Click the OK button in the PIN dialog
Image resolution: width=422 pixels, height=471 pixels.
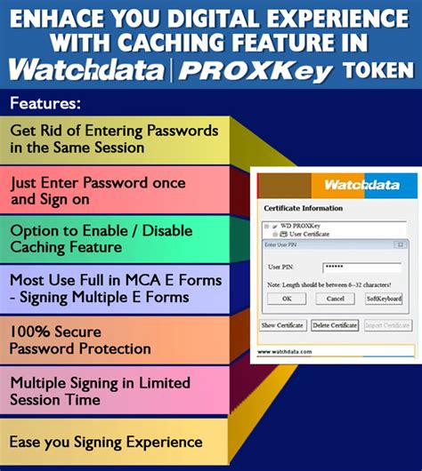click(x=286, y=299)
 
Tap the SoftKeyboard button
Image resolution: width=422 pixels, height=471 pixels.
click(x=385, y=299)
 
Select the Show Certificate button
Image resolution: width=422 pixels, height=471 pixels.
click(x=283, y=326)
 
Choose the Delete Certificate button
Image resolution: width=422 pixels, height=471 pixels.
click(x=335, y=326)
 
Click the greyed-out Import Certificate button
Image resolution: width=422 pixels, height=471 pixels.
click(x=387, y=326)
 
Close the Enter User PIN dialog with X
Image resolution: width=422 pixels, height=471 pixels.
click(x=402, y=243)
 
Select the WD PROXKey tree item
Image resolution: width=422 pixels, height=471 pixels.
click(x=303, y=226)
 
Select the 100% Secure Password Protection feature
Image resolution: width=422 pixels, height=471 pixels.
click(x=80, y=339)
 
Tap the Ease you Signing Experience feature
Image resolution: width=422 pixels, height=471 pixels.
click(x=106, y=442)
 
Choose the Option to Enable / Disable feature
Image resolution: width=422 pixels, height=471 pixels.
click(x=89, y=237)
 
